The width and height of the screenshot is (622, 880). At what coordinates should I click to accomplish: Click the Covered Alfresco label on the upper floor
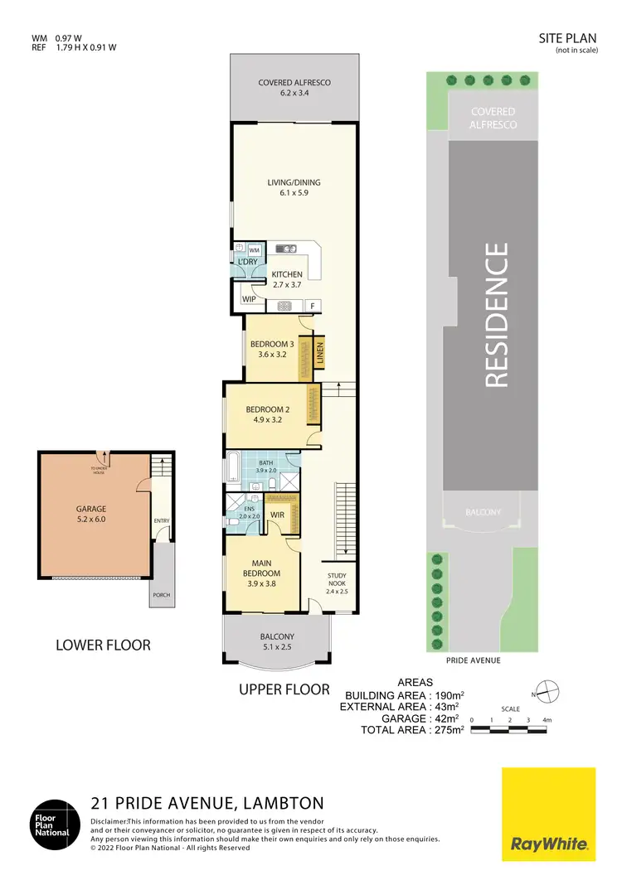(x=294, y=88)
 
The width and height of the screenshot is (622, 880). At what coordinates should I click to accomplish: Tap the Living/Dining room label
(x=294, y=188)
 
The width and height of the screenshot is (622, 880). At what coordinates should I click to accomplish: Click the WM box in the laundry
(x=255, y=249)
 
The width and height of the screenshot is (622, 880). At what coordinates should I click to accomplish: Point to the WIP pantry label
(x=249, y=299)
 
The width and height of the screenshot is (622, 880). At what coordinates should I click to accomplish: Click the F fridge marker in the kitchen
(x=312, y=306)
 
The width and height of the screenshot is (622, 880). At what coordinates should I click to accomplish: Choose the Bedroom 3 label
(x=272, y=349)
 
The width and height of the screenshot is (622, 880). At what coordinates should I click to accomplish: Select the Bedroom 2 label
(x=267, y=414)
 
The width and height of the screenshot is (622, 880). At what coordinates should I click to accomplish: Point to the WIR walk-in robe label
(x=278, y=515)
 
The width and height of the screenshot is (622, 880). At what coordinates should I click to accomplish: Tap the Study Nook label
(x=337, y=583)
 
